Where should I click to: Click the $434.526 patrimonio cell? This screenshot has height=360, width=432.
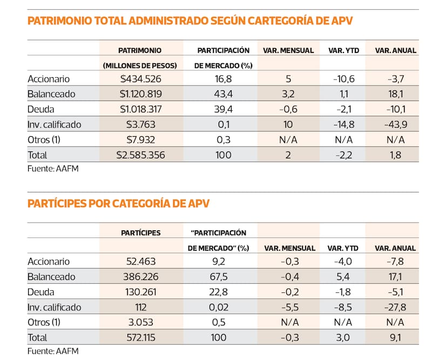(x=139, y=78)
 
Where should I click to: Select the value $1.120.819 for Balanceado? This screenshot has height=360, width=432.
(x=139, y=94)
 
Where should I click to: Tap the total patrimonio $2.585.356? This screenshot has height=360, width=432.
(x=139, y=155)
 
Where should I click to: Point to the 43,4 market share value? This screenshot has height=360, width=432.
(x=222, y=94)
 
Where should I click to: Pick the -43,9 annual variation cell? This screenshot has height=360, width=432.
(x=396, y=124)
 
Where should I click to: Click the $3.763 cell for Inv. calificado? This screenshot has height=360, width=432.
(x=139, y=124)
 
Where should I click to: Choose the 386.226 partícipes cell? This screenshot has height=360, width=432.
(x=139, y=277)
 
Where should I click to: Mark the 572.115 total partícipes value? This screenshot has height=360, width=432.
(x=139, y=338)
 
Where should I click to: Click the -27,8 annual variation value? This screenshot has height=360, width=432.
(x=396, y=307)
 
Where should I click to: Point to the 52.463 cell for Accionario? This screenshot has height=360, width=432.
(x=139, y=262)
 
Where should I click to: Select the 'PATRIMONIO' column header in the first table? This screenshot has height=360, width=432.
(x=139, y=50)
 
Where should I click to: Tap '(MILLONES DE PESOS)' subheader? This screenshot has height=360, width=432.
(x=139, y=65)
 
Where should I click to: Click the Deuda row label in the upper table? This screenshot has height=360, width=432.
(x=41, y=109)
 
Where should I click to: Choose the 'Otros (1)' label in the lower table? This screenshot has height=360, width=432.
(x=46, y=323)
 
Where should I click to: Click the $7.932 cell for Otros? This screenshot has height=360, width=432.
(x=139, y=140)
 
